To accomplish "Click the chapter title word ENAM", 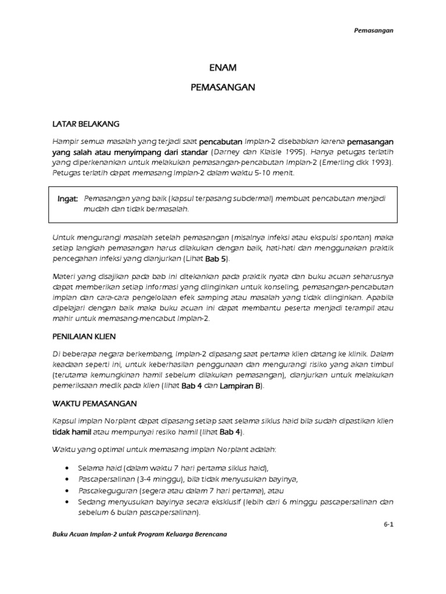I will point(223,67).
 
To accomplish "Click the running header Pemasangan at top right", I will point(374,31).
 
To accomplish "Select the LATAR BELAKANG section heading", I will point(86,124).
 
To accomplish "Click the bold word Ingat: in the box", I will point(67,198).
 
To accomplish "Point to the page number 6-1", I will point(388,523).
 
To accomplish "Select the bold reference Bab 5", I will point(218,259).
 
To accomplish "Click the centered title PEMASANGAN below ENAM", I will point(223,88).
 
